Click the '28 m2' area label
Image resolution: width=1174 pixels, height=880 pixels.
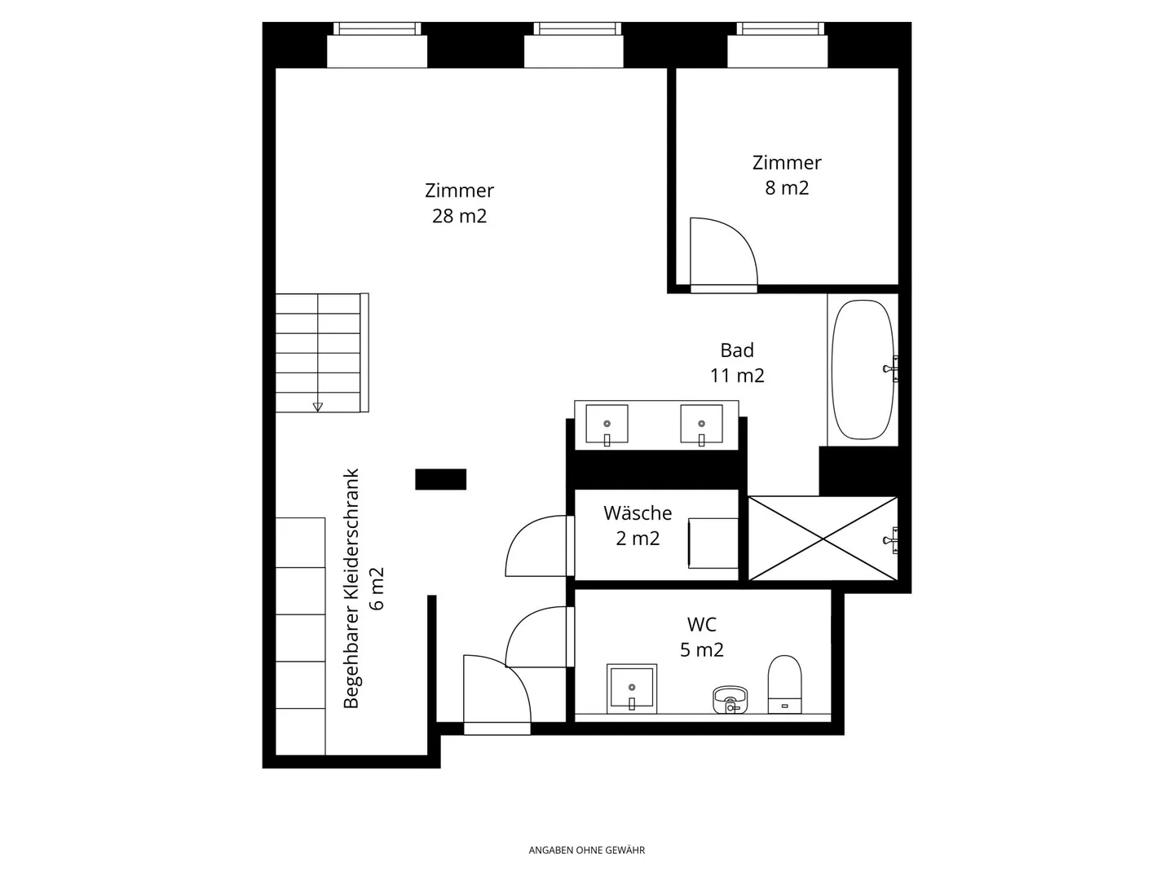pyautogui.click(x=459, y=216)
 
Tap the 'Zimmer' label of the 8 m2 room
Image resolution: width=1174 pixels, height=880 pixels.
pyautogui.click(x=786, y=162)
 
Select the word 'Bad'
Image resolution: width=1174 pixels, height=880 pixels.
pyautogui.click(x=736, y=350)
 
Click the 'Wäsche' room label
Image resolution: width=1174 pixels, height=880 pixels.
pyautogui.click(x=638, y=513)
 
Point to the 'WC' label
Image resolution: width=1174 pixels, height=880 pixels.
pyautogui.click(x=701, y=625)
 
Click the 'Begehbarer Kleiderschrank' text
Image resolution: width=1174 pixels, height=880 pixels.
pyautogui.click(x=351, y=588)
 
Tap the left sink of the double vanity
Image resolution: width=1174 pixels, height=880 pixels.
pyautogui.click(x=607, y=424)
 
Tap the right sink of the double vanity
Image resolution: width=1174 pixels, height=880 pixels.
pyautogui.click(x=701, y=424)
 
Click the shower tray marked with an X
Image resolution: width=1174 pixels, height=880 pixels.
pyautogui.click(x=822, y=539)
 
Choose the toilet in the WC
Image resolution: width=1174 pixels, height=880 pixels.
pyautogui.click(x=784, y=684)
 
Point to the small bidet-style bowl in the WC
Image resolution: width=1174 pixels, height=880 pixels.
pyautogui.click(x=730, y=699)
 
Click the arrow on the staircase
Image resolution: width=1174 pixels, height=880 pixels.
pyautogui.click(x=317, y=406)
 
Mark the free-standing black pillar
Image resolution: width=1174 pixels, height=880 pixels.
pyautogui.click(x=440, y=479)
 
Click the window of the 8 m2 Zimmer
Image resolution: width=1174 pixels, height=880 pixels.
pyautogui.click(x=779, y=30)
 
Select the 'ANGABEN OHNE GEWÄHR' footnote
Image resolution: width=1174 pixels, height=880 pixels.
pyautogui.click(x=586, y=850)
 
